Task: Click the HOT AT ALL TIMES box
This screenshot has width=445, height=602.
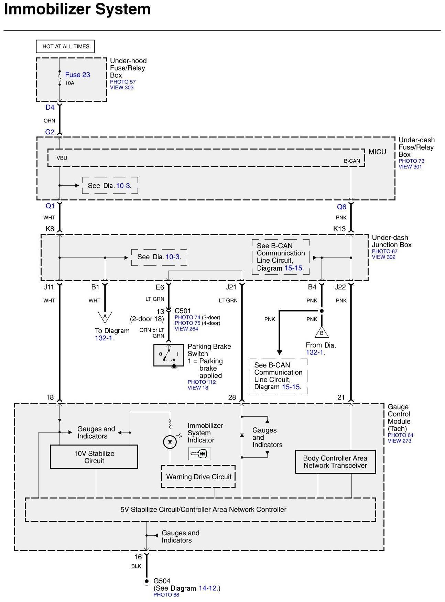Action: (66, 46)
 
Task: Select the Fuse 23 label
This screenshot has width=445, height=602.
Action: (77, 75)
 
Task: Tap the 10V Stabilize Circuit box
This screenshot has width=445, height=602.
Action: (94, 457)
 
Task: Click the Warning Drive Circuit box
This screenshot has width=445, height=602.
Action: (198, 477)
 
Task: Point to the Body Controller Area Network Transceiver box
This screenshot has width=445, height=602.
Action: (335, 462)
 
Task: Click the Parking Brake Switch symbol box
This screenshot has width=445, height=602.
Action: (169, 354)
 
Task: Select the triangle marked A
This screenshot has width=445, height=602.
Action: (105, 317)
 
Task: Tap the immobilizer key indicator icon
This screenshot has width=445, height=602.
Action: (199, 454)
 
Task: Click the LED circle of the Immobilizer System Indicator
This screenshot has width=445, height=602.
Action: (170, 442)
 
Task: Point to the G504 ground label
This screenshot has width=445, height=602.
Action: (162, 581)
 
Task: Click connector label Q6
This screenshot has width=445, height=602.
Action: (341, 207)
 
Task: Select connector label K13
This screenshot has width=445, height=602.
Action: (339, 229)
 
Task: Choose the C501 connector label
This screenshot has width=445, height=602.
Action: (183, 311)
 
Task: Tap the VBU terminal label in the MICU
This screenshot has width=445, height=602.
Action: (62, 158)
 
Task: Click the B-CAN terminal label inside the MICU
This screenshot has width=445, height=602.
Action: (352, 161)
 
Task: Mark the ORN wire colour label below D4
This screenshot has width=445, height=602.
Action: (49, 121)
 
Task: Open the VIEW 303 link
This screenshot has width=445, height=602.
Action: (122, 87)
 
